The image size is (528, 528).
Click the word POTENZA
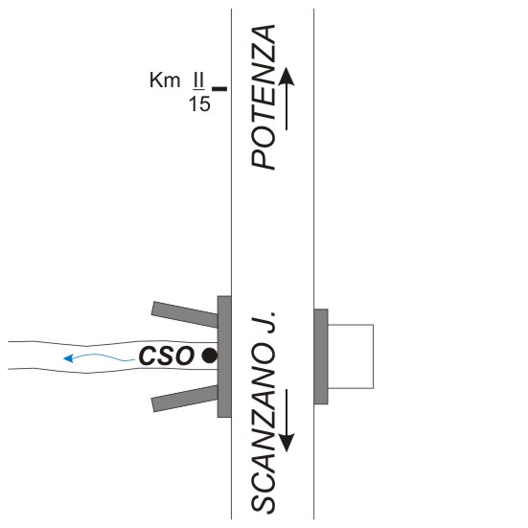click(264, 97)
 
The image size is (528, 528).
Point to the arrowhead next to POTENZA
click(287, 76)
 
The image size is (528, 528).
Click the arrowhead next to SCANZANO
click(287, 443)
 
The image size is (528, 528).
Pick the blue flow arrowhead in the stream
click(68, 358)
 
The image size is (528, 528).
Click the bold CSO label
click(167, 356)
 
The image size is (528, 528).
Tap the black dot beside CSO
click(209, 356)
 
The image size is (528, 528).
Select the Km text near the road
click(165, 80)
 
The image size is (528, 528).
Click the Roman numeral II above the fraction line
click(198, 80)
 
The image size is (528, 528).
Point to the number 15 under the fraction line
click(199, 103)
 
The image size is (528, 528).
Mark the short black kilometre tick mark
click(219, 89)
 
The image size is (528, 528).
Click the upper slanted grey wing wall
click(185, 314)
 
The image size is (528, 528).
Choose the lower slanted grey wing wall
click(185, 399)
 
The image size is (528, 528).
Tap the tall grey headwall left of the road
click(224, 356)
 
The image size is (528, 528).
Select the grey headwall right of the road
click(321, 356)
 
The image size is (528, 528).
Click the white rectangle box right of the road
click(373, 356)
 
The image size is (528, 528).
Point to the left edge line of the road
click(231, 264)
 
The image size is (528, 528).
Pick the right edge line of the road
click(314, 264)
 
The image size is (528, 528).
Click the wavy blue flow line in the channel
click(101, 356)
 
